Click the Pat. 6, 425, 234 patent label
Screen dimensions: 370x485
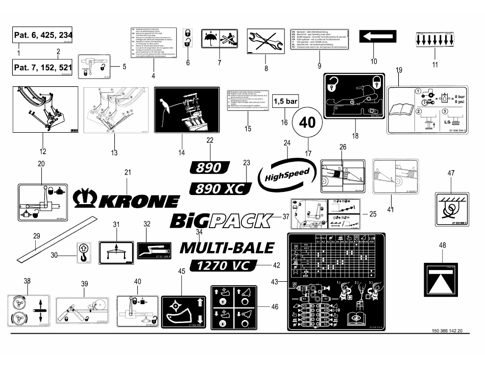coord(43,36)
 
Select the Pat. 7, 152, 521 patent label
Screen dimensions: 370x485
coord(43,67)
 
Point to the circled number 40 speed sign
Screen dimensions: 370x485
coord(307,122)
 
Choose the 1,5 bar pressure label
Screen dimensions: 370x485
coord(285,101)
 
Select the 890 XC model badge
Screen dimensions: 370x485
coord(221,188)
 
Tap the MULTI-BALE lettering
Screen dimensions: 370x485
coord(227,248)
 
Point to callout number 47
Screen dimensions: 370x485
coord(450,174)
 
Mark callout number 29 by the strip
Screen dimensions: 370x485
coord(36,236)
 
